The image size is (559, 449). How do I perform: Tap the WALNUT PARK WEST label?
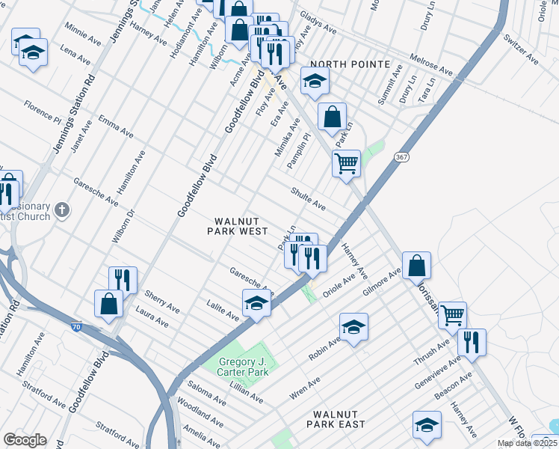237,226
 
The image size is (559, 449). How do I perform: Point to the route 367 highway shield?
401,156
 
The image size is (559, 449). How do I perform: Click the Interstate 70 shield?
77,327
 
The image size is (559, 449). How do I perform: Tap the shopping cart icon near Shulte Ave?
346,162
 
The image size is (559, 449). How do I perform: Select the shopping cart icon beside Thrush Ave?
452,315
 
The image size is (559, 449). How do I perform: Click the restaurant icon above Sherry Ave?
123,280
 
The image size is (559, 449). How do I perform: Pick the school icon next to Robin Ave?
353,326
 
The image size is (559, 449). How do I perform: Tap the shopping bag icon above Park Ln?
333,117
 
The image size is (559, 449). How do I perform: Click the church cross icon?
62,210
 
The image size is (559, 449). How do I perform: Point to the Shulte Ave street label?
308,199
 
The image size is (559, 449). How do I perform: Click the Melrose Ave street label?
430,65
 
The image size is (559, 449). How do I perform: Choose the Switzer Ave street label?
521,47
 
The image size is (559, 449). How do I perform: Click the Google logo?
25,439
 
